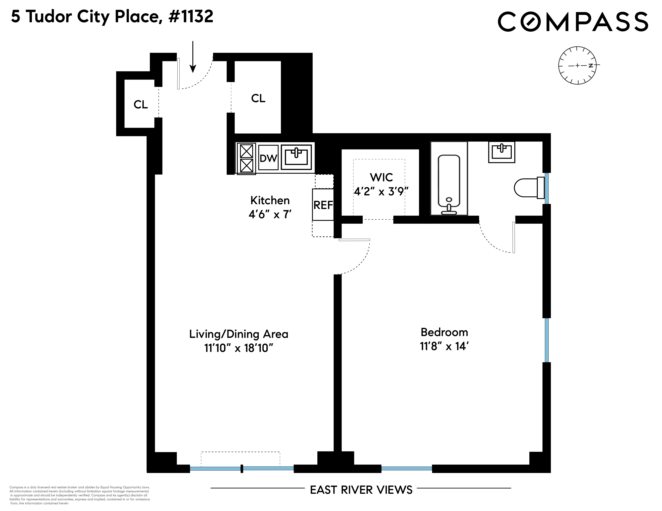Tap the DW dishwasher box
coord(268,158)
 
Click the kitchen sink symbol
coord(296,157)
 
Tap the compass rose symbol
coord(577,65)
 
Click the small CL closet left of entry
coord(141,104)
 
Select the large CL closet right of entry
coord(258,98)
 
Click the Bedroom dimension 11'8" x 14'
coord(444,346)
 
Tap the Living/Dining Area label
coord(239,334)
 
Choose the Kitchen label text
coord(270,200)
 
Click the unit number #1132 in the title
coord(191,16)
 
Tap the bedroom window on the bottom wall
coord(406,468)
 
